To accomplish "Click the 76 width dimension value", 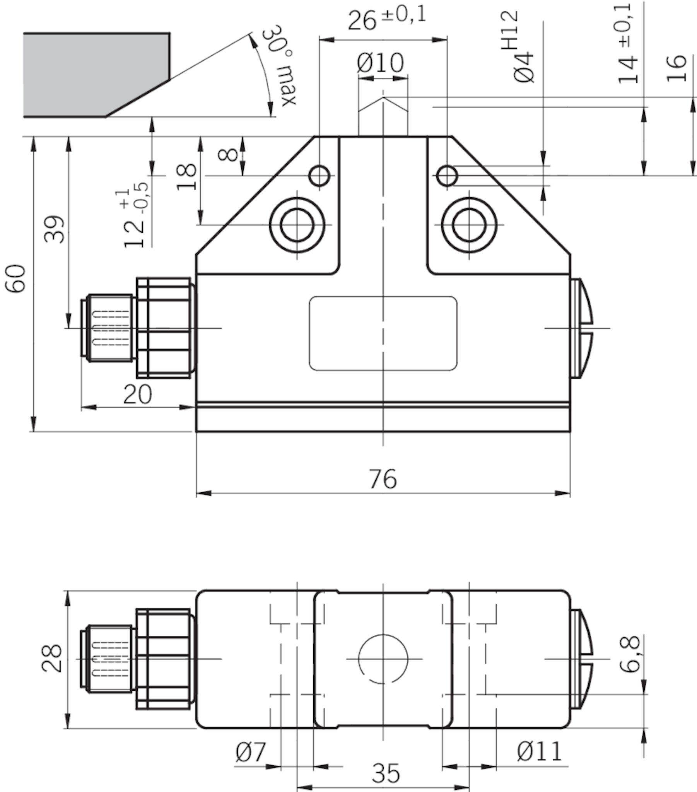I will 383,479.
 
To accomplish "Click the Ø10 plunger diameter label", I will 380,63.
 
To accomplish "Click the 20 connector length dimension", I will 137,394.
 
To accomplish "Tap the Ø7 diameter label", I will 251,752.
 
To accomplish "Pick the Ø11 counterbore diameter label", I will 539,752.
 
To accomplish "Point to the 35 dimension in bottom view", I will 385,773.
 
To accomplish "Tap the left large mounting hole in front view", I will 297,225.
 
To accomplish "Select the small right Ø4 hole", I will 447,176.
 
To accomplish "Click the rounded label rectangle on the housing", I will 383,333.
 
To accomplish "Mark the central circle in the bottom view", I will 383,659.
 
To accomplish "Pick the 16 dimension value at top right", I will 677,68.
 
